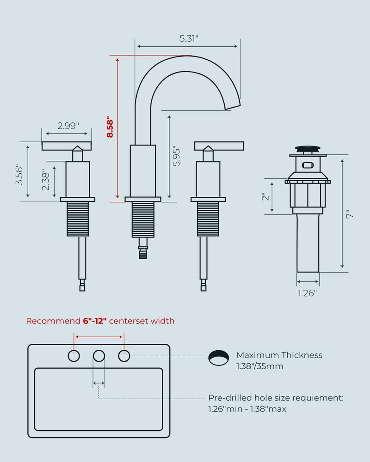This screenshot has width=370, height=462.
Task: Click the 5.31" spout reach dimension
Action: (189, 39)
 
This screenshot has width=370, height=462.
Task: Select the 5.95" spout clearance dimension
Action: (175, 157)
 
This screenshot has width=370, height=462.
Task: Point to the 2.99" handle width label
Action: (68, 126)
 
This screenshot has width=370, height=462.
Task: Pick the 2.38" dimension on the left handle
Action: (45, 179)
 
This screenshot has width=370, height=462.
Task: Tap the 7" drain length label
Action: (350, 214)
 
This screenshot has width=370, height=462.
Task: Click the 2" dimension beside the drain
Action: (265, 197)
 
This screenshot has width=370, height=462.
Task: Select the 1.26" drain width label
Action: (308, 292)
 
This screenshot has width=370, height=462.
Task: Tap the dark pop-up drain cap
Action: (308, 149)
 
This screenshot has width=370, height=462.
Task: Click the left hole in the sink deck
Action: (74, 356)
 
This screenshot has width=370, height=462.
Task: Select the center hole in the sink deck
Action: (99, 356)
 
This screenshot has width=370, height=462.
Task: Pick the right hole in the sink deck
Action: (124, 356)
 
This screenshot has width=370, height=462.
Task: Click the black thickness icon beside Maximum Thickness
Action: (219, 357)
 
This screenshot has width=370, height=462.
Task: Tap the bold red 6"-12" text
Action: (95, 321)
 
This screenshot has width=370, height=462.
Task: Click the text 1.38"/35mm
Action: (260, 366)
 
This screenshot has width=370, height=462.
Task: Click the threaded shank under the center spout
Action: (143, 220)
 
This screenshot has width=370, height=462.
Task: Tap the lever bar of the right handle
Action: (219, 146)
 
